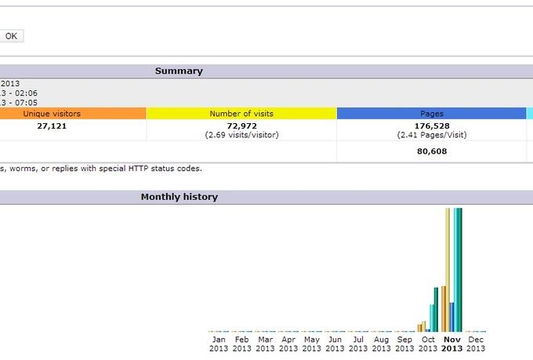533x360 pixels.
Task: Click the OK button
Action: pyautogui.click(x=12, y=35)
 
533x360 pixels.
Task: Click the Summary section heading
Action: pyautogui.click(x=179, y=71)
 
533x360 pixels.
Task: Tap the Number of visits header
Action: pyautogui.click(x=241, y=114)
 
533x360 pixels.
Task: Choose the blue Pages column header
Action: pyautogui.click(x=432, y=114)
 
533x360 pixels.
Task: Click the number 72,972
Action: pyautogui.click(x=241, y=125)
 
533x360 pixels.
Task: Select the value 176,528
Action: pyautogui.click(x=432, y=125)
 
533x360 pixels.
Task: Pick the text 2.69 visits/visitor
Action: pyautogui.click(x=241, y=135)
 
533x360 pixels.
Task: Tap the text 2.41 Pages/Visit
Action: pyautogui.click(x=432, y=135)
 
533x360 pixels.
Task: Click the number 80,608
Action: pyautogui.click(x=432, y=151)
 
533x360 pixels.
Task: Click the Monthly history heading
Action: pyautogui.click(x=179, y=197)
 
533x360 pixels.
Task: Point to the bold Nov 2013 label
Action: pyautogui.click(x=452, y=344)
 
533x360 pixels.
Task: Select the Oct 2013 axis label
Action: pyautogui.click(x=429, y=344)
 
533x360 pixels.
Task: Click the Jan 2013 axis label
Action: pyautogui.click(x=219, y=344)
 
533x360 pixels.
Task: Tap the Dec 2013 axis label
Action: pyautogui.click(x=476, y=344)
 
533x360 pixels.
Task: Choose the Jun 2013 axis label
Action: pyautogui.click(x=335, y=344)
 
